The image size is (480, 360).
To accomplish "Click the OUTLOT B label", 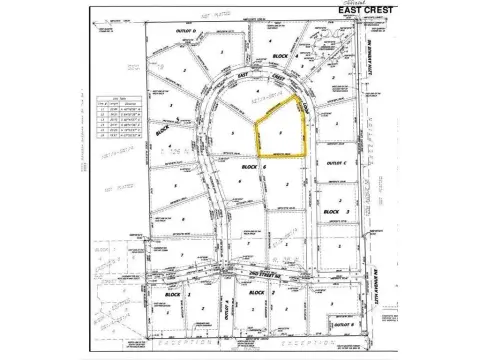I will click(343, 325).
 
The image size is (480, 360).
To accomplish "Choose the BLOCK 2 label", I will click(257, 293).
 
